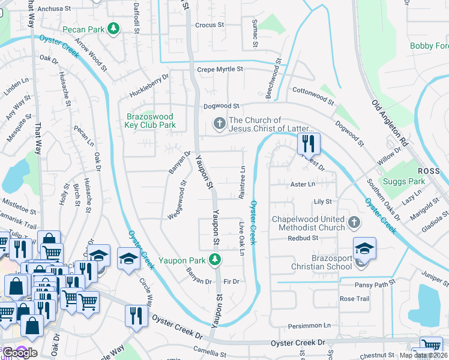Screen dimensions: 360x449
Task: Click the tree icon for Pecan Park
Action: pos(112,29)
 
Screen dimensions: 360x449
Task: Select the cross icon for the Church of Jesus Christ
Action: pos(220,124)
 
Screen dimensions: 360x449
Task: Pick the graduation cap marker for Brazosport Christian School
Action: pos(364,248)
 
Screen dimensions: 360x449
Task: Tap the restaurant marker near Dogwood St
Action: pos(309,143)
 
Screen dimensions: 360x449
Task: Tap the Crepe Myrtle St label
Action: pos(220,70)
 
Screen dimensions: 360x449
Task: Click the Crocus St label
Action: pos(209,25)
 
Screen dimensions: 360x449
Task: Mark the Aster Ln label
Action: pos(303,184)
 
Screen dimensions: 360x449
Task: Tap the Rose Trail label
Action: pos(354,298)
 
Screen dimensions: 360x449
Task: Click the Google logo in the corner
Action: pos(19,352)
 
